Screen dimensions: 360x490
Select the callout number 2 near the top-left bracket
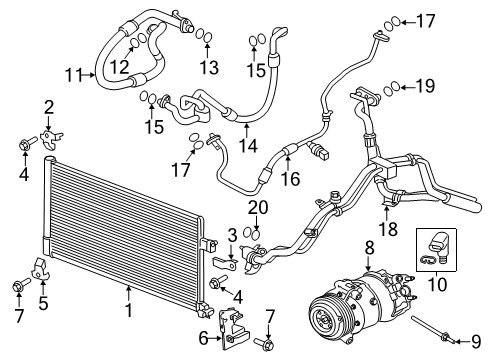click(47, 107)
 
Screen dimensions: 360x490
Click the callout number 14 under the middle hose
click(248, 145)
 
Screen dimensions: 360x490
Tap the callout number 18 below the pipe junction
click(387, 229)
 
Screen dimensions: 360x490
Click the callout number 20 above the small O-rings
click(258, 207)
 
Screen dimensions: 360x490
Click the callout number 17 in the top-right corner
click(426, 19)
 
